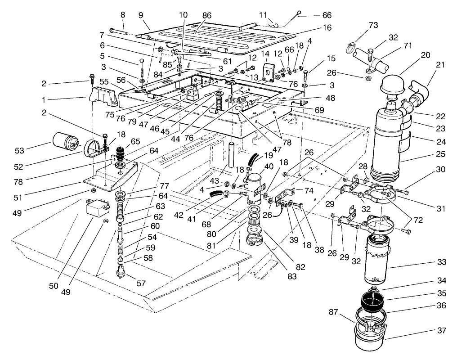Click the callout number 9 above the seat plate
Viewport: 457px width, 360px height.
point(141,15)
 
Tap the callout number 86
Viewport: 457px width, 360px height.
point(206,15)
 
